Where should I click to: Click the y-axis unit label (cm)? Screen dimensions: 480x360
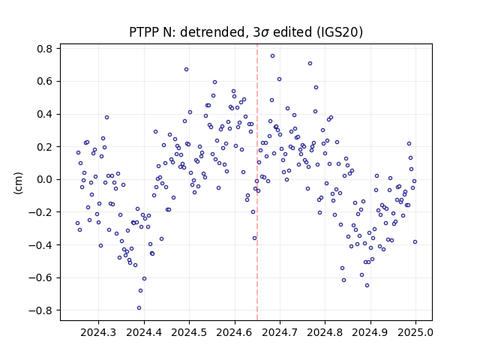(x=18, y=183)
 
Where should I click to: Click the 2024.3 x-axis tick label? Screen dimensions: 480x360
(x=98, y=332)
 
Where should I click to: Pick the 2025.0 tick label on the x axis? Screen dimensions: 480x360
(x=415, y=332)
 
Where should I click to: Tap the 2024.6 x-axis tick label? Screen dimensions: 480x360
(x=235, y=332)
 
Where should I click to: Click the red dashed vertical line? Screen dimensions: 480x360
(x=257, y=182)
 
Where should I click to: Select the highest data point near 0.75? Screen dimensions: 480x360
(x=272, y=55)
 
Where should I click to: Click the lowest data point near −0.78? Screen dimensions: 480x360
(x=139, y=308)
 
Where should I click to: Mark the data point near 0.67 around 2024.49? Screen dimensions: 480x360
(x=186, y=70)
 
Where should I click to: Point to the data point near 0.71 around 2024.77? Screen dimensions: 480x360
(x=310, y=63)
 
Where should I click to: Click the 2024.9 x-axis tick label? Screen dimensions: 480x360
(x=370, y=332)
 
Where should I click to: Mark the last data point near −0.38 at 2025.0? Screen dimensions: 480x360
(x=415, y=241)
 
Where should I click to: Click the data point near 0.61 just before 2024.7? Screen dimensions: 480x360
(x=279, y=79)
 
